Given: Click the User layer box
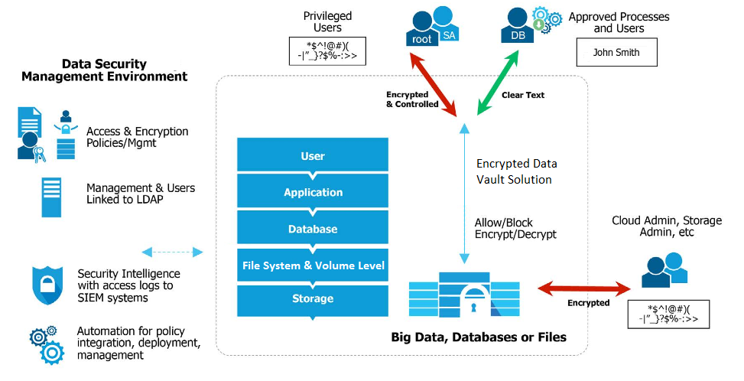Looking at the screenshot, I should (x=313, y=156).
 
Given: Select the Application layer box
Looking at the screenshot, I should (x=313, y=192).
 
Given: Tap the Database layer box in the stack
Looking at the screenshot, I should (x=313, y=229).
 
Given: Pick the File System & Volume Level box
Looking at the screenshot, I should (x=313, y=265).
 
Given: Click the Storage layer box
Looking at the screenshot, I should (x=313, y=298).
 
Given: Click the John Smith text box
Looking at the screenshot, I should (x=616, y=53).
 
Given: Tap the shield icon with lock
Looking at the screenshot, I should (x=47, y=285).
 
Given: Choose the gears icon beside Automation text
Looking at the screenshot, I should (x=47, y=344).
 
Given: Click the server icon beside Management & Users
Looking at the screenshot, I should (x=51, y=197).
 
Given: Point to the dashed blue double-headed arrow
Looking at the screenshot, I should (x=172, y=252).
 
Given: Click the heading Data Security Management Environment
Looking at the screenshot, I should (x=104, y=70).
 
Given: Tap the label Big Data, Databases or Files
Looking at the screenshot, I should (x=479, y=337).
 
